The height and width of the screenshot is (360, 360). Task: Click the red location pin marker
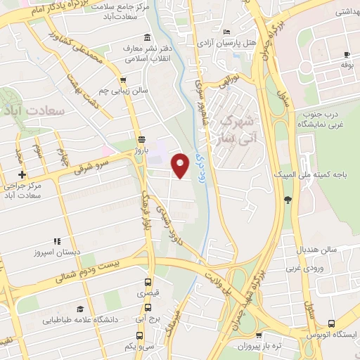pos(181,165)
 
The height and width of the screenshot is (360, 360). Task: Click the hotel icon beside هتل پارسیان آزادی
pos(226,32)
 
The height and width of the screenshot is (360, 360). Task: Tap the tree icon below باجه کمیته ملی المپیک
pos(288,201)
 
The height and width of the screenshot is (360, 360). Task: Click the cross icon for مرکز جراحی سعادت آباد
pos(22,174)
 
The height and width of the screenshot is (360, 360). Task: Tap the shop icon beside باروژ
pos(142,139)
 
